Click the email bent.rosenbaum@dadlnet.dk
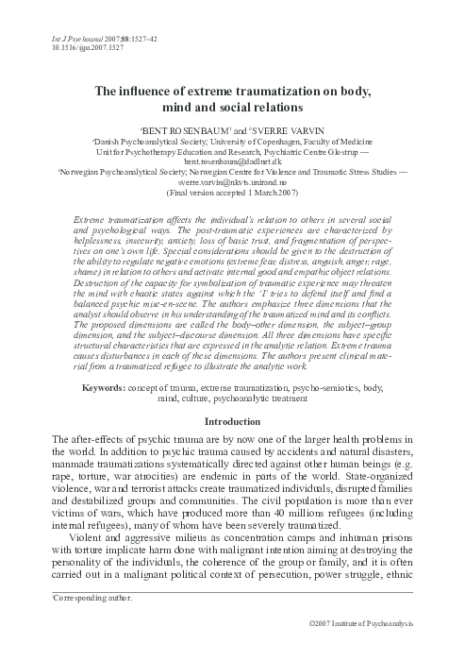click(231, 163)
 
